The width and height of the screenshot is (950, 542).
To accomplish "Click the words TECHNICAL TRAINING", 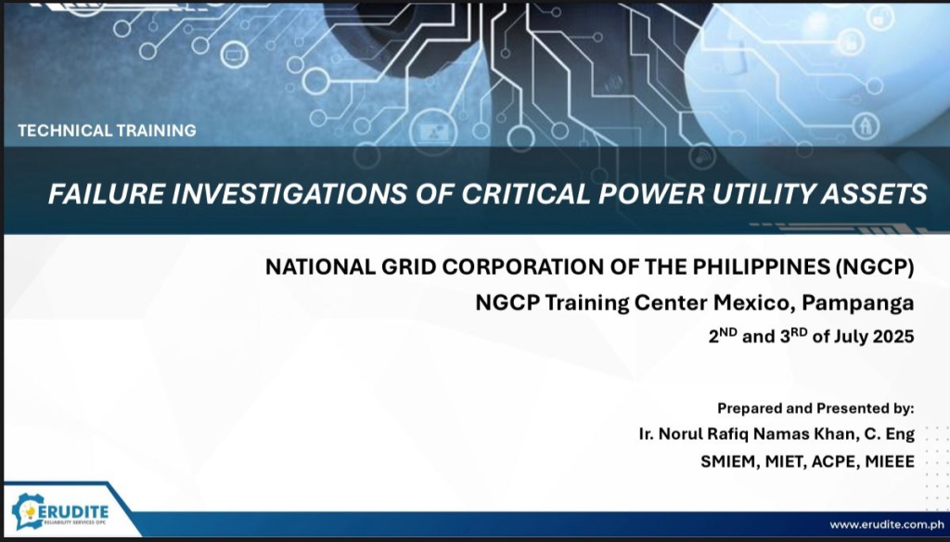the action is click(x=107, y=130).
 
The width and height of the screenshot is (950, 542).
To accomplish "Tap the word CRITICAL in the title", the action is click(x=525, y=194).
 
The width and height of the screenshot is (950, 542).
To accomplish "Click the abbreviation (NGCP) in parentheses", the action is click(x=874, y=266).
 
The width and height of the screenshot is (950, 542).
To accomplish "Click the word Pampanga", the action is click(x=858, y=302).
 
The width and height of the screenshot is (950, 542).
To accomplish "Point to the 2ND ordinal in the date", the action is click(x=723, y=336).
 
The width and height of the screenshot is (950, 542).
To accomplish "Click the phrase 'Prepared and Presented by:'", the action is click(x=815, y=408).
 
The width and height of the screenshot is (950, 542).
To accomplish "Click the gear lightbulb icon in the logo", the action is click(x=27, y=512).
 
